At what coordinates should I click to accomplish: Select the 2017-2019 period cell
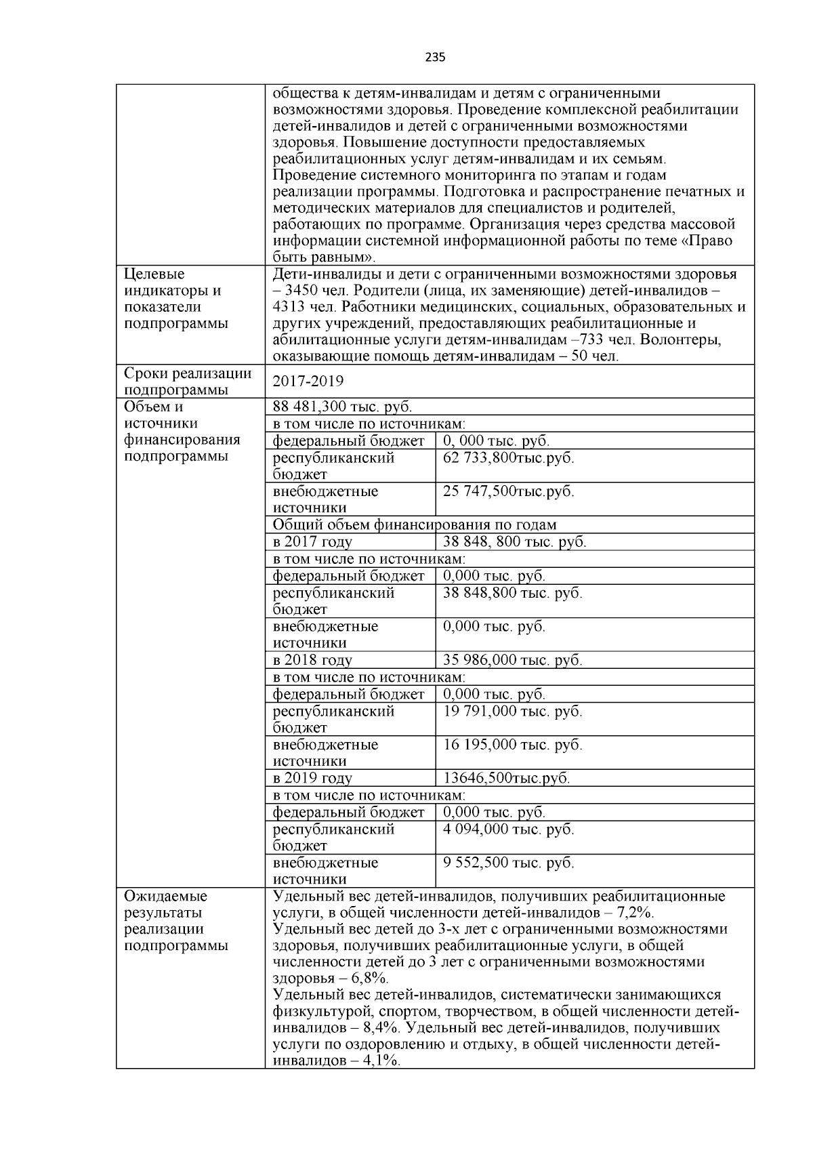(x=308, y=382)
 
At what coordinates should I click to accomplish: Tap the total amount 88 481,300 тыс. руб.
(x=342, y=407)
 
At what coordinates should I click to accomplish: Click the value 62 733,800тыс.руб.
(x=508, y=457)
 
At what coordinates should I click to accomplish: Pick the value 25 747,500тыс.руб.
(x=508, y=491)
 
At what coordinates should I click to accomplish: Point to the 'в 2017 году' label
(x=312, y=541)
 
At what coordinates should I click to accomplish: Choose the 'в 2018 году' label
(x=312, y=660)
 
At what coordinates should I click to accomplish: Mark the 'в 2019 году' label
(x=312, y=778)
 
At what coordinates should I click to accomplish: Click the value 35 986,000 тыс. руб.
(x=512, y=660)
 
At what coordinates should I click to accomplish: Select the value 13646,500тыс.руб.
(x=506, y=778)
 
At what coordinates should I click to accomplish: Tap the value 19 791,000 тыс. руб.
(x=512, y=711)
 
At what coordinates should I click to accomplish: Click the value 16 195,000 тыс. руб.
(x=512, y=745)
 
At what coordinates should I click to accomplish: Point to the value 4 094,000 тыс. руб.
(x=508, y=829)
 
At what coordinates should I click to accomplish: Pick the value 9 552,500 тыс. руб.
(x=508, y=863)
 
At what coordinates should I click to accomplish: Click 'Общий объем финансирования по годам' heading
(x=415, y=525)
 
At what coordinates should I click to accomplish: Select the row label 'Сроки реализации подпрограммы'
(x=188, y=382)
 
